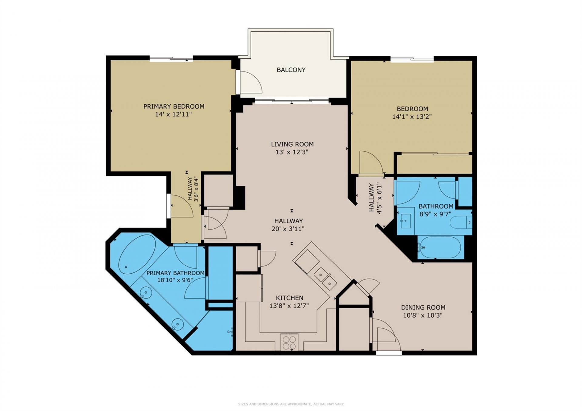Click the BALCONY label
click(291, 70)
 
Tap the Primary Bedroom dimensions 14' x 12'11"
click(173, 114)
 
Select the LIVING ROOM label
click(292, 144)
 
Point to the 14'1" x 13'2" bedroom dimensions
click(412, 117)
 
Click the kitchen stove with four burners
click(289, 342)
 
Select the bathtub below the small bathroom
click(440, 247)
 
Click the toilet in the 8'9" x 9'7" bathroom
click(460, 222)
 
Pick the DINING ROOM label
click(423, 307)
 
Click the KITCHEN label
click(289, 298)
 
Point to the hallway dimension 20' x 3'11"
click(288, 229)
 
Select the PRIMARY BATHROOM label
click(175, 273)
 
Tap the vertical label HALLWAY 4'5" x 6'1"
click(375, 198)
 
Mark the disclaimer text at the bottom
click(291, 404)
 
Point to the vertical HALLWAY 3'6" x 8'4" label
click(193, 189)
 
